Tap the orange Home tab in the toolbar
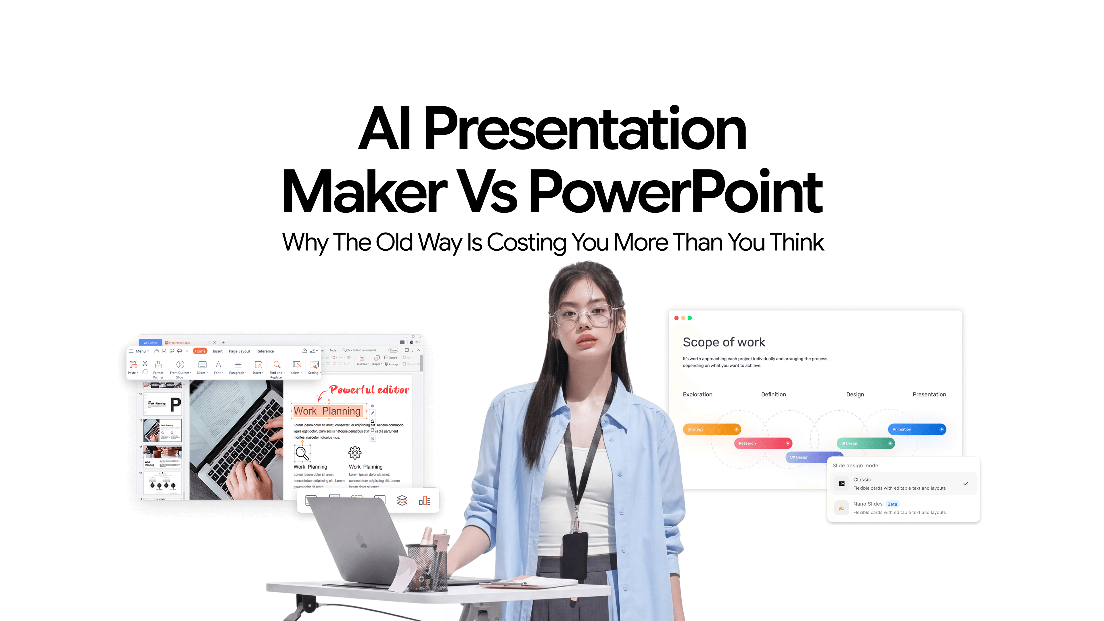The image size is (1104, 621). [200, 351]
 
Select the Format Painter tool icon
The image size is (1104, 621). [158, 365]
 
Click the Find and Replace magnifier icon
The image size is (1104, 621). [277, 365]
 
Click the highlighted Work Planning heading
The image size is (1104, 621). [327, 411]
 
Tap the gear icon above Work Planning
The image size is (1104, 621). [355, 453]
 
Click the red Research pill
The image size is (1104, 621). [763, 443]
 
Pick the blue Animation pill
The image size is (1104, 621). [916, 429]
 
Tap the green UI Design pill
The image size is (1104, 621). [865, 443]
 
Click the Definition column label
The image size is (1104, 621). [773, 394]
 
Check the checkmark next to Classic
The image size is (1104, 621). [966, 483]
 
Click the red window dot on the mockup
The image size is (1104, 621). [676, 318]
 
